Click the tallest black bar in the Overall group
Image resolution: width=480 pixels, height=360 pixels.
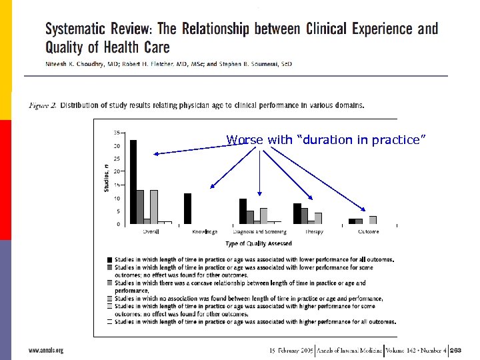pyautogui.click(x=133, y=182)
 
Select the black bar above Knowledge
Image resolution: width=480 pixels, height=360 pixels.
pyautogui.click(x=187, y=209)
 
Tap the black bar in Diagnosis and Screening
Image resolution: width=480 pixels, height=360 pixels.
pyautogui.click(x=243, y=211)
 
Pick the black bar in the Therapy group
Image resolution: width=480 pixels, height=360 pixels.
pyautogui.click(x=297, y=213)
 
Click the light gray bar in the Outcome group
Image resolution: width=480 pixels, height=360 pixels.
pyautogui.click(x=373, y=220)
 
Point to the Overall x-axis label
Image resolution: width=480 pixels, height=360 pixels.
pyautogui.click(x=151, y=232)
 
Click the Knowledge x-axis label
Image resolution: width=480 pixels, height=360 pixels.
pyautogui.click(x=205, y=232)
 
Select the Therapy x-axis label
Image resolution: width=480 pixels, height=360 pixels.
pyautogui.click(x=314, y=232)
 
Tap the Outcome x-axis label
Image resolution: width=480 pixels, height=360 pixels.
pyautogui.click(x=368, y=232)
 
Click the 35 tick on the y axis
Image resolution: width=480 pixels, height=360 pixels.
pyautogui.click(x=117, y=133)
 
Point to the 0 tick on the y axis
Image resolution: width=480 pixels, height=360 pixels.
pyautogui.click(x=119, y=225)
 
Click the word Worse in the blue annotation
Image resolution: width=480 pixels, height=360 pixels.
pyautogui.click(x=240, y=140)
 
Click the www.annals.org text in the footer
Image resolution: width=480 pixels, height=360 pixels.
pyautogui.click(x=45, y=349)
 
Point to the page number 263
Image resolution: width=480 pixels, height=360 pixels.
pyautogui.click(x=456, y=349)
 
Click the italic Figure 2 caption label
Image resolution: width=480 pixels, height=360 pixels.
pyautogui.click(x=43, y=105)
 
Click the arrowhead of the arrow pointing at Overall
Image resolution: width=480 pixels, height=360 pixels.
pyautogui.click(x=155, y=154)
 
